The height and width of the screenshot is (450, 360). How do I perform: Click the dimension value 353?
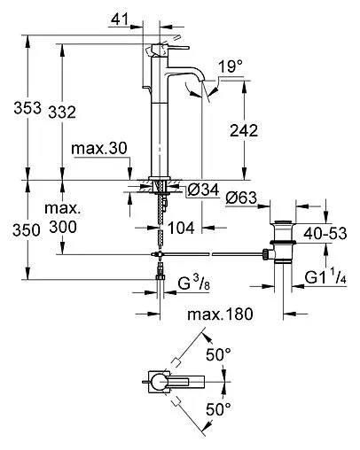15,109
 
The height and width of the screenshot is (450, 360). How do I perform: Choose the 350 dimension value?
15,229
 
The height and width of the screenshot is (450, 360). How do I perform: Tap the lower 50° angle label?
218,409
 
